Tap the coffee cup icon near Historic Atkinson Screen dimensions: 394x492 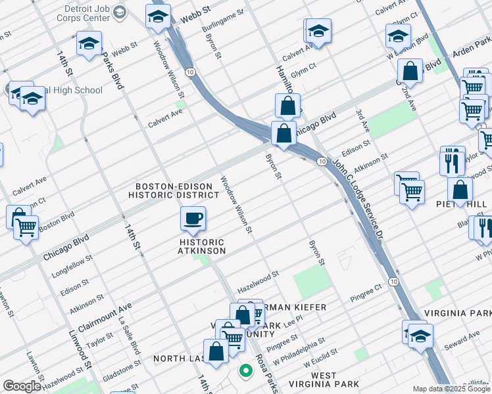click(193, 219)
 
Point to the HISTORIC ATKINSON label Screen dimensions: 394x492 click(203, 247)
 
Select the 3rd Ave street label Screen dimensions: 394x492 click(362, 127)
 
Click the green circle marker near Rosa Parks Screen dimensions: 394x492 click(245, 371)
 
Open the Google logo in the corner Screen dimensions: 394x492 click(22, 385)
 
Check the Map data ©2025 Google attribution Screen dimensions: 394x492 click(451, 389)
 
